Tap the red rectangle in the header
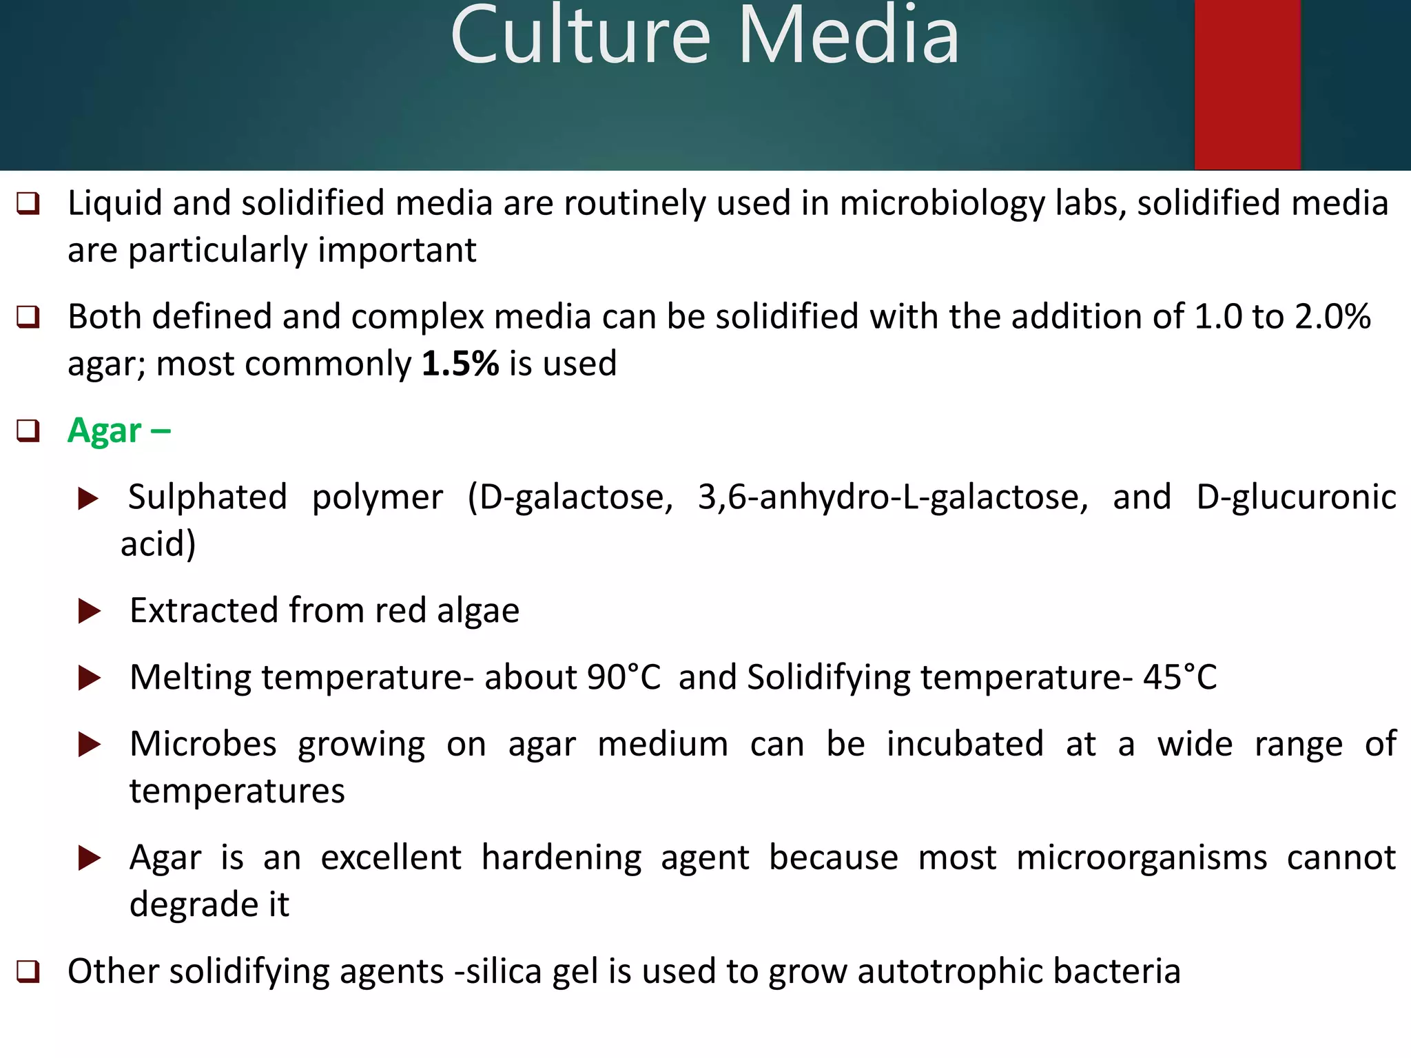[x=1247, y=84]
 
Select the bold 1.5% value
[x=460, y=364]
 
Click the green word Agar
[x=105, y=431]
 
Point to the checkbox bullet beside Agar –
[x=28, y=431]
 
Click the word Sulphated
[x=207, y=497]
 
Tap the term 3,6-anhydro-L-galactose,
[x=893, y=497]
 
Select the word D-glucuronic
[x=1296, y=497]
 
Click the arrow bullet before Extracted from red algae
[x=90, y=611]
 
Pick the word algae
[x=478, y=611]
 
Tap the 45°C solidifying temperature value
[x=1180, y=677]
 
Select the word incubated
[x=965, y=745]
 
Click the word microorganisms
[x=1141, y=858]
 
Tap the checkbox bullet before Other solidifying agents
[x=28, y=972]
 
